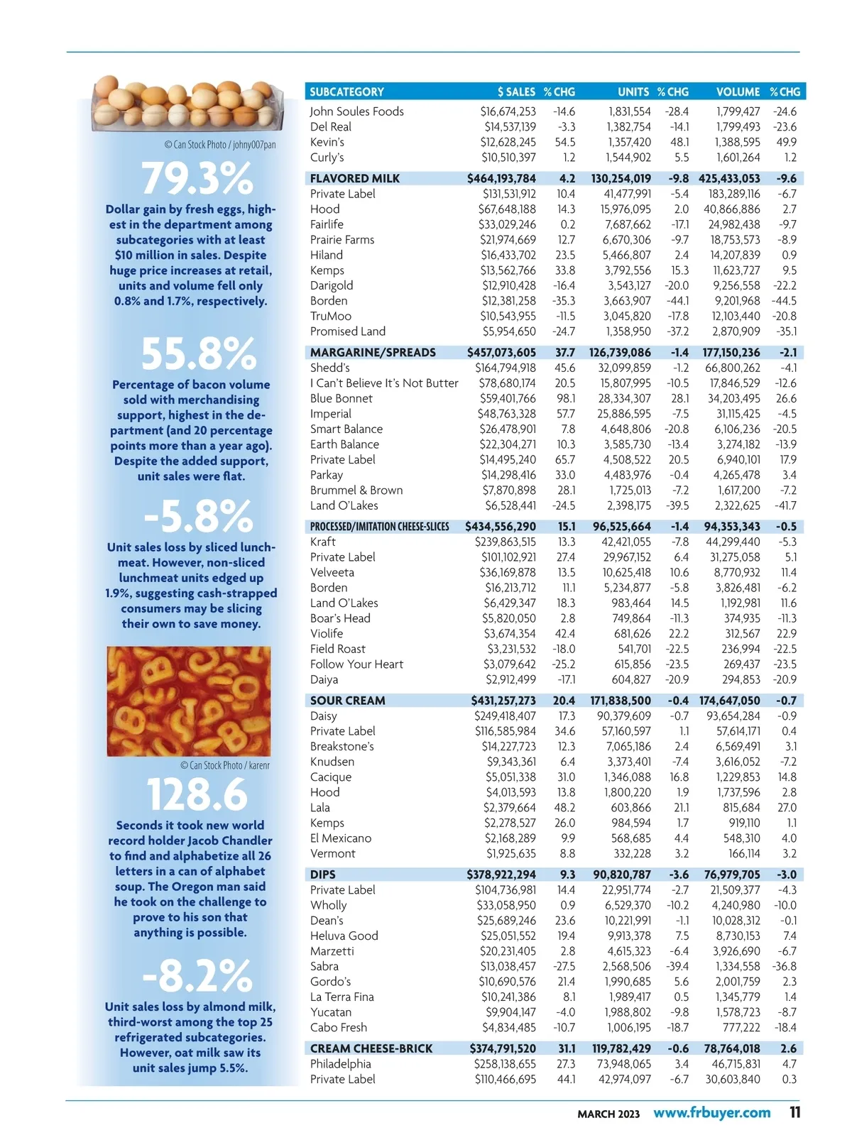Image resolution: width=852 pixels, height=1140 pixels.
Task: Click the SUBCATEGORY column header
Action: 346,92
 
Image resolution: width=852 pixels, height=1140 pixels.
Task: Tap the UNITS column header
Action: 633,92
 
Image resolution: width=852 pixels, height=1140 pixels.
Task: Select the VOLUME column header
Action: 738,92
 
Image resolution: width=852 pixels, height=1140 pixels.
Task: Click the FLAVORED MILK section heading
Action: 354,178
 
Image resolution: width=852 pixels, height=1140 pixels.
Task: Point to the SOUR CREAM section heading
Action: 347,701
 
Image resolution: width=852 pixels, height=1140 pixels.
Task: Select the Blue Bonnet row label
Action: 341,398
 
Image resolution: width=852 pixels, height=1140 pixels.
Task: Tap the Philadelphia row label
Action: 340,1063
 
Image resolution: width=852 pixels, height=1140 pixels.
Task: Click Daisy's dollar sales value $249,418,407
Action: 505,716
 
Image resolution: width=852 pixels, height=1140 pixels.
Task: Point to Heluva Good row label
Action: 344,936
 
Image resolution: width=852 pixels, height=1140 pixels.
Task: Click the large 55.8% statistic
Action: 198,353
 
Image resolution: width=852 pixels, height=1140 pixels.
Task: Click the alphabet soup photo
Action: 189,701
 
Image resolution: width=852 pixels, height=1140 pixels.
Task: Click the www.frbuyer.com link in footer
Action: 711,1112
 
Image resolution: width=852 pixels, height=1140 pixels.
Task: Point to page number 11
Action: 795,1112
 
